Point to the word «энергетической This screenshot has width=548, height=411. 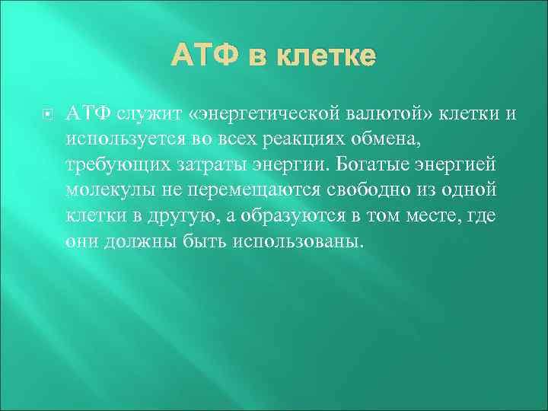click(x=266, y=114)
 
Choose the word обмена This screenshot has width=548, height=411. click(x=401, y=140)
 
